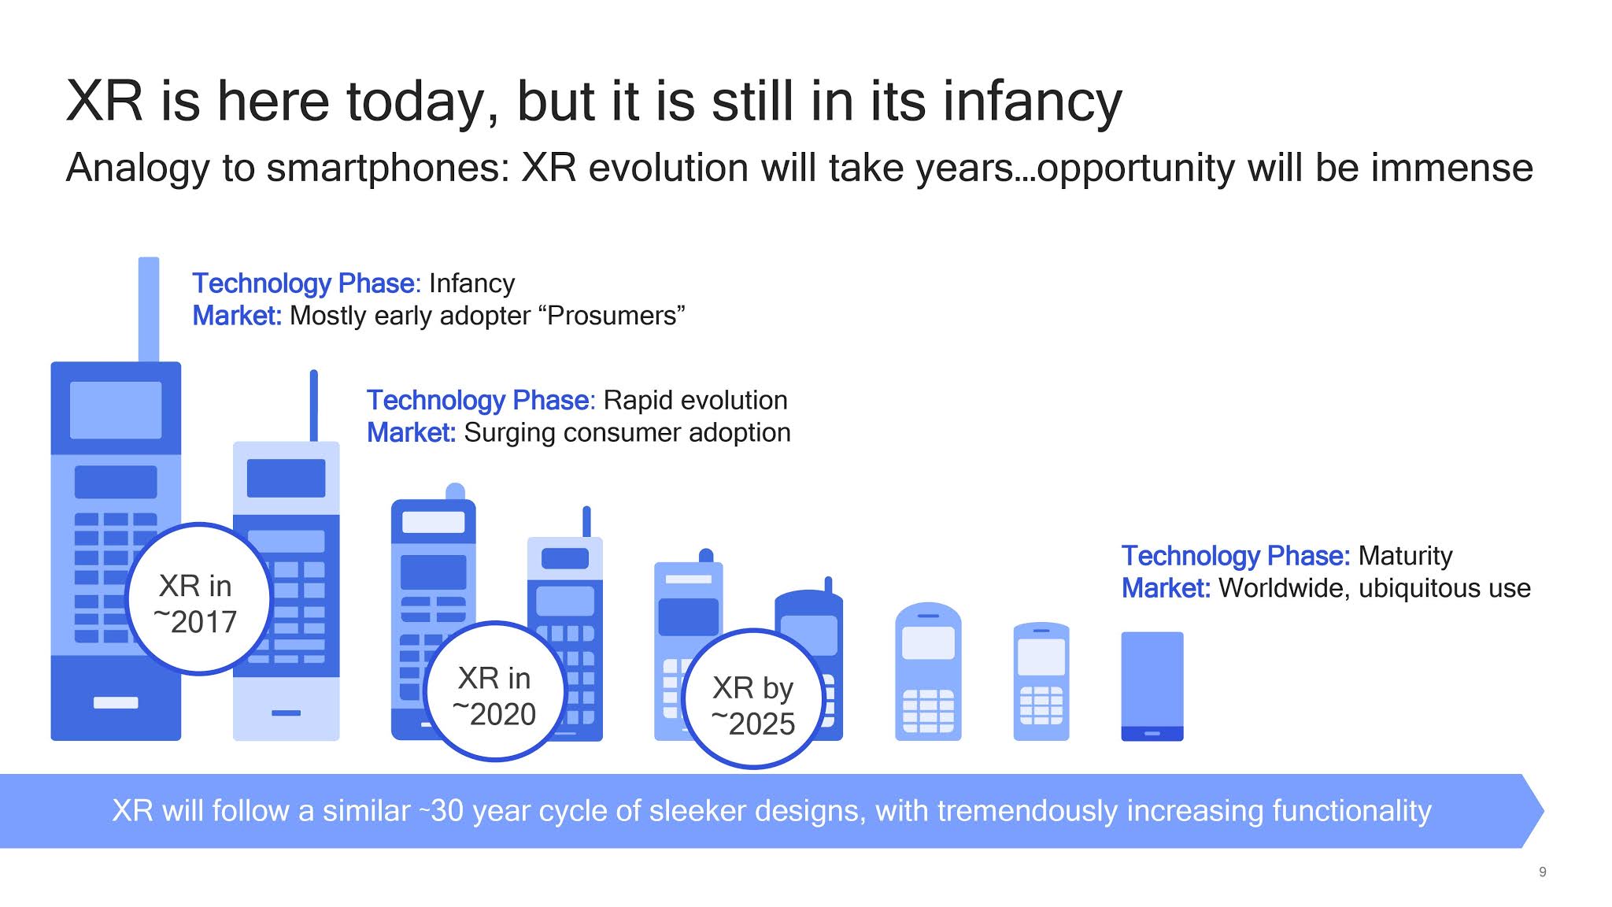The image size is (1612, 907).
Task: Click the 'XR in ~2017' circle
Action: (198, 600)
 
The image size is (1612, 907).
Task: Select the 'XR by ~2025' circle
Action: (754, 700)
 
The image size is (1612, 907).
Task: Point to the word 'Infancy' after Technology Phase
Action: (471, 283)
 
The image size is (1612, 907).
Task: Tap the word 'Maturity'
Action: (1405, 556)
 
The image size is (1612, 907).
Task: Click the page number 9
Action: (1542, 872)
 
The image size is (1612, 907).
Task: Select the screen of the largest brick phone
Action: (116, 410)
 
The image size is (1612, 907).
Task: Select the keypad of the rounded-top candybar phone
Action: (928, 710)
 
